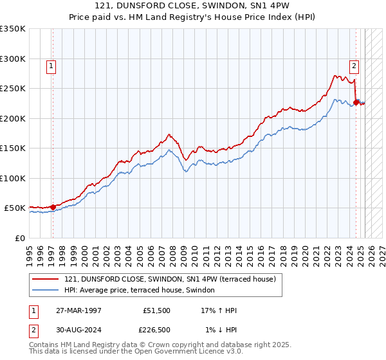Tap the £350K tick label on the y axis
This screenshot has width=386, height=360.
coord(13,29)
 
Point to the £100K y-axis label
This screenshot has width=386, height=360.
coord(13,178)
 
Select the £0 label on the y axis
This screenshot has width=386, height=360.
coord(20,238)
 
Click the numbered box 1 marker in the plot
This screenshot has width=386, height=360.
coord(51,65)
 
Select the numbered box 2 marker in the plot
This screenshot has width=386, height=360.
coord(354,65)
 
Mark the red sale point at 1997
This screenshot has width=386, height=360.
coord(53,207)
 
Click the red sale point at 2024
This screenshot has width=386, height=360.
coord(356,102)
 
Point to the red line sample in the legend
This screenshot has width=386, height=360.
coord(46,279)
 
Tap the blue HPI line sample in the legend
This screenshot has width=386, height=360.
coord(46,290)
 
